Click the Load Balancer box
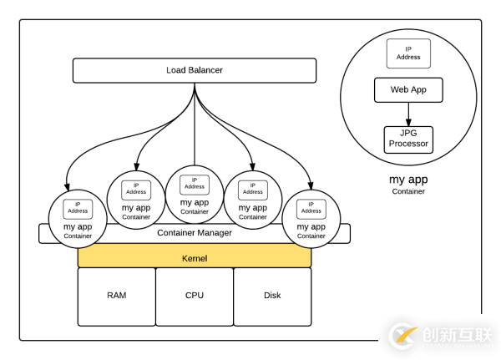pyautogui.click(x=195, y=70)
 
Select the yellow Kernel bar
pyautogui.click(x=195, y=258)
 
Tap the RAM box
pyautogui.click(x=116, y=296)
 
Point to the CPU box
pyautogui.click(x=195, y=296)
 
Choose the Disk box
pyautogui.click(x=272, y=296)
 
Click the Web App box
pyautogui.click(x=408, y=89)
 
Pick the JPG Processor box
pyautogui.click(x=408, y=139)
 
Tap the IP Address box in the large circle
pyautogui.click(x=408, y=53)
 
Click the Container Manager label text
pyautogui.click(x=195, y=232)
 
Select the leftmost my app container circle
pyautogui.click(x=78, y=219)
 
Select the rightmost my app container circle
pyautogui.click(x=311, y=219)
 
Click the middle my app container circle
pyautogui.click(x=195, y=195)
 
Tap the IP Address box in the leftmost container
pyautogui.click(x=78, y=207)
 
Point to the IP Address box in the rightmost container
pyautogui.click(x=311, y=207)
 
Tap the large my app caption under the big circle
pyautogui.click(x=408, y=180)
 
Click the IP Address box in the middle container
pyautogui.click(x=195, y=183)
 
